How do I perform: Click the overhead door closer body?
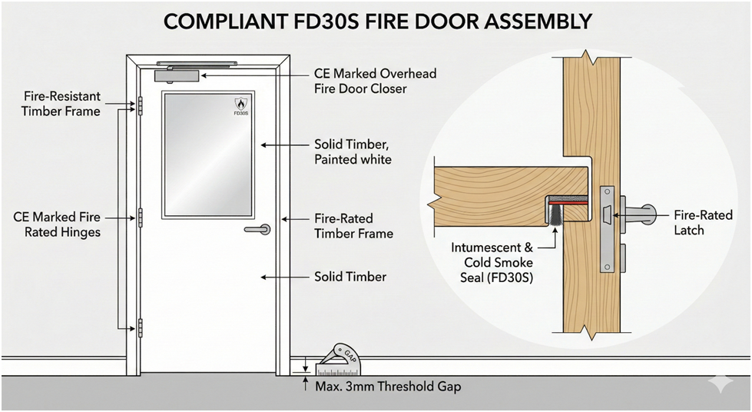click(x=177, y=75)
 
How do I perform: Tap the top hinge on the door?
click(x=140, y=105)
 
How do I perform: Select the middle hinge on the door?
click(x=140, y=218)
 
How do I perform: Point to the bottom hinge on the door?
click(x=140, y=327)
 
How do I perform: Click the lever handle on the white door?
click(x=257, y=230)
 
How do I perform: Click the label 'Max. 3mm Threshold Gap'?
click(x=387, y=387)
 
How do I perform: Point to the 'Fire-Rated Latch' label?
click(x=703, y=222)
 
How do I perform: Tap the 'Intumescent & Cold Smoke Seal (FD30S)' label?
click(x=492, y=263)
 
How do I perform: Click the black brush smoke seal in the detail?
click(x=556, y=212)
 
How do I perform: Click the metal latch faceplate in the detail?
click(x=607, y=230)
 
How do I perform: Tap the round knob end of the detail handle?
click(x=649, y=214)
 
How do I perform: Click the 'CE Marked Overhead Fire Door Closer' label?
click(x=375, y=81)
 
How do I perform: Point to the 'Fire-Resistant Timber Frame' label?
click(x=61, y=104)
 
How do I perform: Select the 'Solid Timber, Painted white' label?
click(x=353, y=151)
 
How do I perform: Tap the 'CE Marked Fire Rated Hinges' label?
click(x=57, y=224)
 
